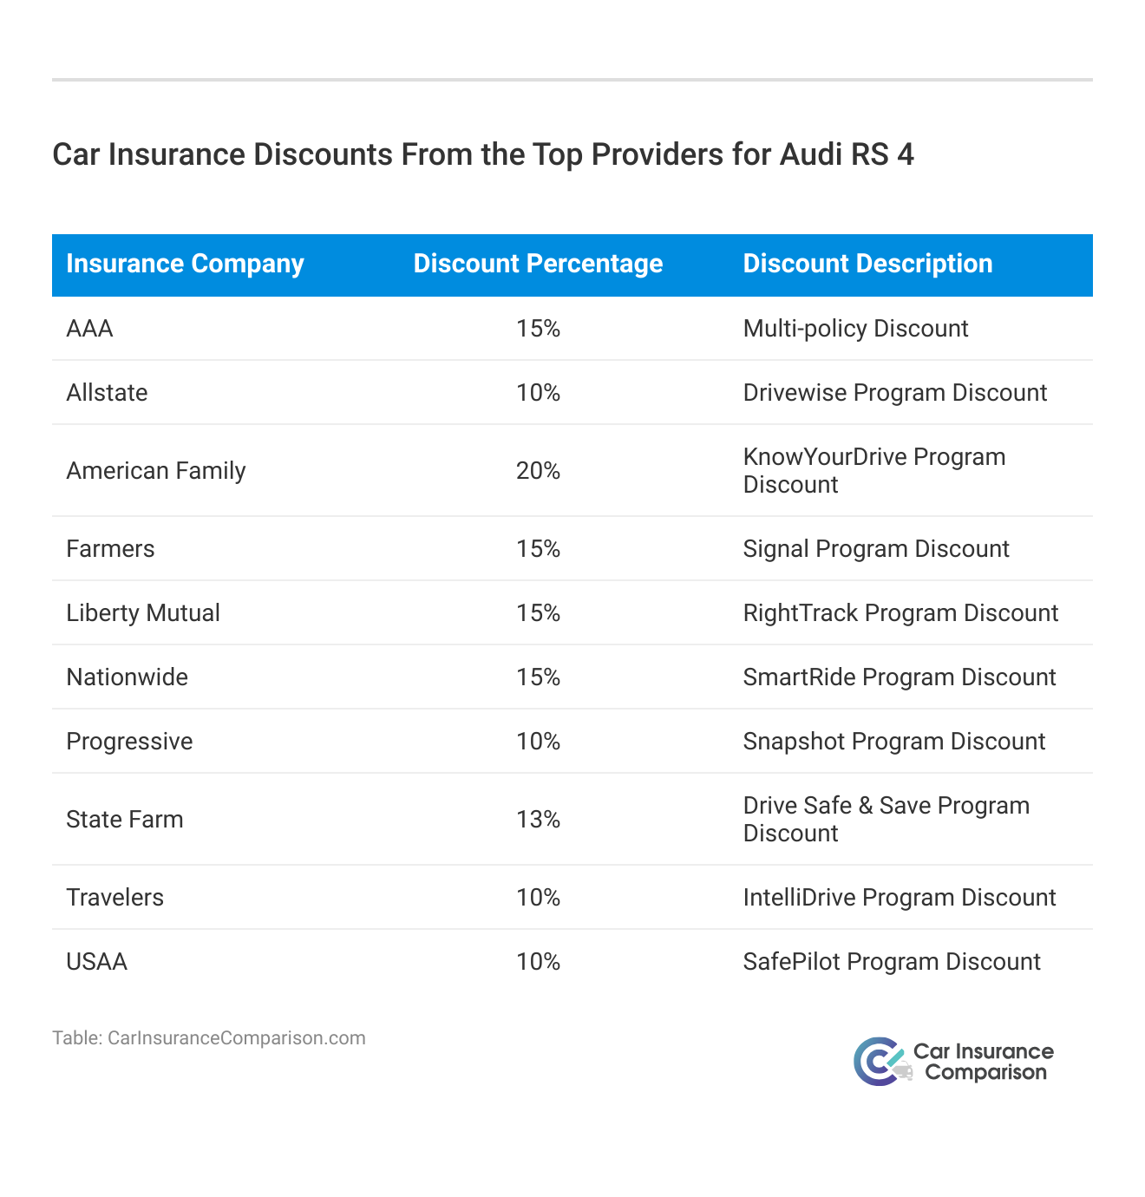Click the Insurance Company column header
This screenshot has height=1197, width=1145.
185,264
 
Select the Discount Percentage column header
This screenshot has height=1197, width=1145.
538,264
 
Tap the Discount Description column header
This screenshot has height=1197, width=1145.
867,264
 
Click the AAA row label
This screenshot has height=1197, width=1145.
89,329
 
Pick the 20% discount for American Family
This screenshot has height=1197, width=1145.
538,471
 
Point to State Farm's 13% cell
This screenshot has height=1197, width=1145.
538,820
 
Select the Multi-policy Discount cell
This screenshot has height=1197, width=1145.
855,329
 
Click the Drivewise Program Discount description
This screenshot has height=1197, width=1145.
894,393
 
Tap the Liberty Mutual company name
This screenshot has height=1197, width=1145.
143,613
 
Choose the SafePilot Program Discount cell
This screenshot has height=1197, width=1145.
891,962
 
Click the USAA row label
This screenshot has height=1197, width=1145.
96,962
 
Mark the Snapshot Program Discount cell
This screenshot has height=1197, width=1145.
893,742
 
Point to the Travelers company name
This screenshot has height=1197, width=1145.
114,898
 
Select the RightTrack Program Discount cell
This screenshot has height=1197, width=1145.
900,613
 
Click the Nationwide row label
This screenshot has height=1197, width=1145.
127,677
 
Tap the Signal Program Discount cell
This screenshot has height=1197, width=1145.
876,549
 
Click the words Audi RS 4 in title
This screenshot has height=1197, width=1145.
847,154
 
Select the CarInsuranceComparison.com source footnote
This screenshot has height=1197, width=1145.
208,1038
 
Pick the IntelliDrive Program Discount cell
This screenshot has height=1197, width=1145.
899,898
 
